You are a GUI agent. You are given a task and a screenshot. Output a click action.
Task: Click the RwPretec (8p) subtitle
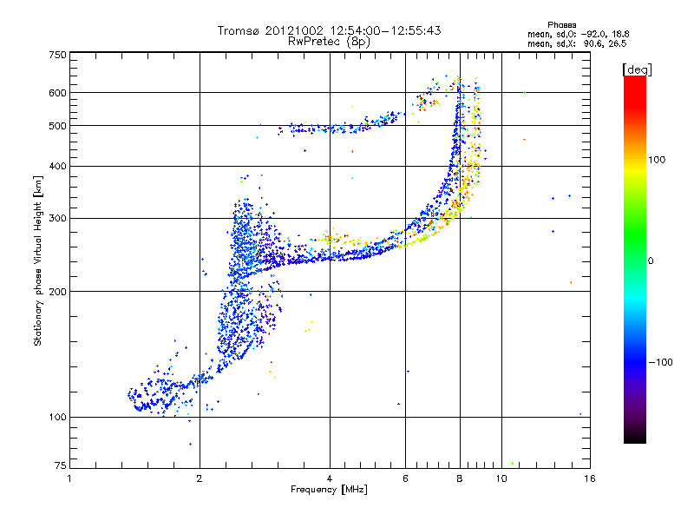pos(329,42)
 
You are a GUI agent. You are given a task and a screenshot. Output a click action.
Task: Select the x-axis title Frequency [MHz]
pos(329,490)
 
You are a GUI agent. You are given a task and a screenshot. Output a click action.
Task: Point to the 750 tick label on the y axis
pos(58,55)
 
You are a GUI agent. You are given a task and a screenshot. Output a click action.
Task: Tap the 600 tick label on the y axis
pos(58,93)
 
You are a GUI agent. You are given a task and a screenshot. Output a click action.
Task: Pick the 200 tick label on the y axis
pos(58,292)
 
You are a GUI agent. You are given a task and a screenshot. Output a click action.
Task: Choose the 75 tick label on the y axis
pos(61,465)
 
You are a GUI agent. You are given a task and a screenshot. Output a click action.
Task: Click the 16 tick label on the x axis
pos(590,478)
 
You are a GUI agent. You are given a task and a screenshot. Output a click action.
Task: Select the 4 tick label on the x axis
pos(330,478)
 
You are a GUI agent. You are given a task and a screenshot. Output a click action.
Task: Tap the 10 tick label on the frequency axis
pos(501,478)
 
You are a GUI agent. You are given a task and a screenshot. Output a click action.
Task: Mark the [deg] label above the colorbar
pos(637,70)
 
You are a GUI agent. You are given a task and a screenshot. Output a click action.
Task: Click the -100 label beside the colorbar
pos(660,362)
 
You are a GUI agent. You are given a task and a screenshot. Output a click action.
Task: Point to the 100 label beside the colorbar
pos(657,160)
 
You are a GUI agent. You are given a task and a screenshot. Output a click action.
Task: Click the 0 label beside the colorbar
pos(651,261)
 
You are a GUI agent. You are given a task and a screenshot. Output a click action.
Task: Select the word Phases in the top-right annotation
pos(561,25)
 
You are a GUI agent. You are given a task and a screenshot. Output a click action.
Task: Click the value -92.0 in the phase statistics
pos(593,34)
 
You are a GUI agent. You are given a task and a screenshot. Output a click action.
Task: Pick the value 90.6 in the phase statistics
pos(593,43)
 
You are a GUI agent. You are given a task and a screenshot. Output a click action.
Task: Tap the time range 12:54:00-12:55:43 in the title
pos(385,30)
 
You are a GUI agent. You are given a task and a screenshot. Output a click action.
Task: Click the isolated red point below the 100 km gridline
pos(190,444)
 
